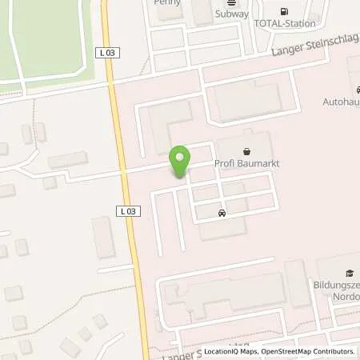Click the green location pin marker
[181, 162]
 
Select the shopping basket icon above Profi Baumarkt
[244, 151]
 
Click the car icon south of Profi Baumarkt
[222, 213]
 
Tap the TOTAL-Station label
[284, 24]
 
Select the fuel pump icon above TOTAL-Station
[283, 11]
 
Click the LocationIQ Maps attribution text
[231, 351]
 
